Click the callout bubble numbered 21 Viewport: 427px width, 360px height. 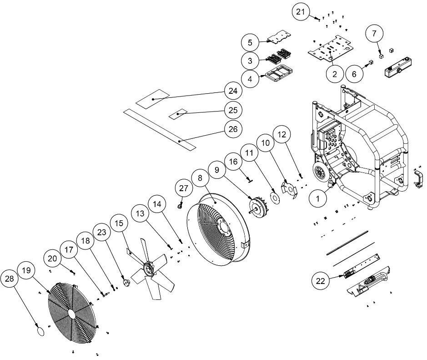tap(301, 12)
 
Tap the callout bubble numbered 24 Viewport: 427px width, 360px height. tap(232, 91)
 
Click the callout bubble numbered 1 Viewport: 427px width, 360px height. tap(318, 198)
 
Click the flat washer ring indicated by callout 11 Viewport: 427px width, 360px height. tap(275, 197)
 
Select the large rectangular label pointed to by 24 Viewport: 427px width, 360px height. tap(152, 99)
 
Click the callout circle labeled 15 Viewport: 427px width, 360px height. tap(119, 224)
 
